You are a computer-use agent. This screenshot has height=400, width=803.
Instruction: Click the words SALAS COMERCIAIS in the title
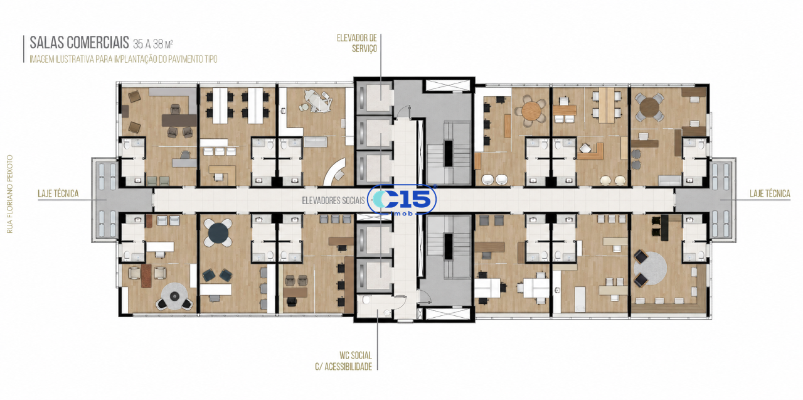[79, 43]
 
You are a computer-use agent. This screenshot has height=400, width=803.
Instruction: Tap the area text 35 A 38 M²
[153, 44]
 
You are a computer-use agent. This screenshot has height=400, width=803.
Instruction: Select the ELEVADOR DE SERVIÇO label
[357, 43]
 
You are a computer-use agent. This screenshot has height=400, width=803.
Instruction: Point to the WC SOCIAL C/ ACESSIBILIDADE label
[343, 361]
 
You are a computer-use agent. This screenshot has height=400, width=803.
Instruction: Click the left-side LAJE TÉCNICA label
[58, 194]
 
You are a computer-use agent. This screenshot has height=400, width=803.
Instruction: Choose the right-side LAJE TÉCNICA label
[770, 194]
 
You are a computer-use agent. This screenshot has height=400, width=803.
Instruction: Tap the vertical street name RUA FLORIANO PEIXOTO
[9, 194]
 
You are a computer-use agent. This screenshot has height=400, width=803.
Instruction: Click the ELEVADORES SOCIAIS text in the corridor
[333, 200]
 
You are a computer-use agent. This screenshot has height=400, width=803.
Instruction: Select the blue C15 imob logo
[405, 200]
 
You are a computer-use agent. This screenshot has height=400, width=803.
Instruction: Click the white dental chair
[317, 99]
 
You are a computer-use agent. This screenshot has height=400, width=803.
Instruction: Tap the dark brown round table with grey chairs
[649, 107]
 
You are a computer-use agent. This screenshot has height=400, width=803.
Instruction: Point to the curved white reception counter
[334, 172]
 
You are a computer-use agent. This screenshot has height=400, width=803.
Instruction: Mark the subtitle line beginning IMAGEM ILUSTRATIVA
[124, 59]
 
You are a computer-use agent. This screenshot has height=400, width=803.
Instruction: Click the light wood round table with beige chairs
[531, 111]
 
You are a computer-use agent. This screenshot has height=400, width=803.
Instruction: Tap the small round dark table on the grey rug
[174, 296]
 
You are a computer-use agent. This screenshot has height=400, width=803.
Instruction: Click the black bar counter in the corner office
[665, 228]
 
